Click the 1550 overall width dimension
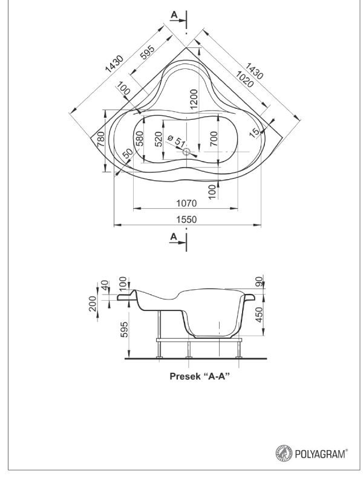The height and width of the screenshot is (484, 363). (186, 220)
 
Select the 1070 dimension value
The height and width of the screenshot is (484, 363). (186, 203)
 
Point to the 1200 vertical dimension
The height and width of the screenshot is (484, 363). (194, 99)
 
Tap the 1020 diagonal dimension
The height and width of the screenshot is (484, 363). (244, 79)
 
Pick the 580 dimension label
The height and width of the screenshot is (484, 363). (140, 139)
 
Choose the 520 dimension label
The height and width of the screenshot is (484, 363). (158, 139)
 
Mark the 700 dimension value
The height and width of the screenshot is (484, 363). (214, 139)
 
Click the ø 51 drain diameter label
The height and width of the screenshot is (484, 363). (177, 141)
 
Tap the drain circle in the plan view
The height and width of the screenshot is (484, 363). (186, 152)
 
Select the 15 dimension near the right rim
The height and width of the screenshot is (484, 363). (255, 132)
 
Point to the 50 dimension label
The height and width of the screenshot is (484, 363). (127, 153)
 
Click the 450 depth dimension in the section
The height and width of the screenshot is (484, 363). (260, 315)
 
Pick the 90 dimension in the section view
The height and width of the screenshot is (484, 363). (259, 281)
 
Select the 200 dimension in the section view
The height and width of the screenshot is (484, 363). (93, 304)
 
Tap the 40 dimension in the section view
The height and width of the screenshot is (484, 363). (105, 285)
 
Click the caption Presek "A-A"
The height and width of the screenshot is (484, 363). (200, 376)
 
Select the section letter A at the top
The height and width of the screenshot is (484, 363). (175, 15)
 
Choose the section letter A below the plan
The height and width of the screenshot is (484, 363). (174, 237)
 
